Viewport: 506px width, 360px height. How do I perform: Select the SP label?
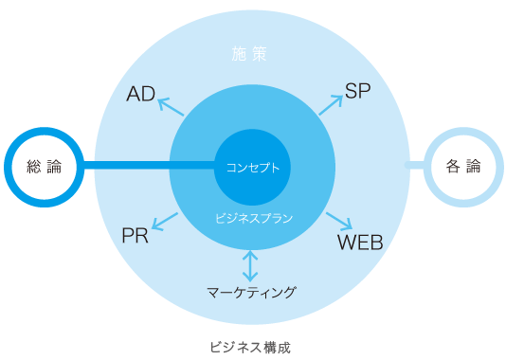coord(357,91)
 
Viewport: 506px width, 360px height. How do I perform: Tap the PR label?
coord(135,236)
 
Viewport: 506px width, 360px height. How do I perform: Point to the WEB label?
coord(360,242)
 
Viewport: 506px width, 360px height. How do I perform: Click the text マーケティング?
coord(251,292)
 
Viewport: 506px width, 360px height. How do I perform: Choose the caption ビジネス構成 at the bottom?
coord(250,347)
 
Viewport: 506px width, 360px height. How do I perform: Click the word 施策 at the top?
coord(250,54)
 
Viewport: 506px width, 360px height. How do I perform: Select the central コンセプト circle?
coord(252,168)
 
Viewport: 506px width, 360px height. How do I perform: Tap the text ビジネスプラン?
coord(251,218)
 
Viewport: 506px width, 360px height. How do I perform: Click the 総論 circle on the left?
coord(45,167)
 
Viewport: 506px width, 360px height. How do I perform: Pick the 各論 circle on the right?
coord(462,167)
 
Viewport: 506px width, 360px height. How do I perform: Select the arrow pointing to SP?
coord(330,104)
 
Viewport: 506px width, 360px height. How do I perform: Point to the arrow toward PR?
coord(165,224)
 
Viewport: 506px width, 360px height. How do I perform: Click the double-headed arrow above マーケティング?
coord(250,264)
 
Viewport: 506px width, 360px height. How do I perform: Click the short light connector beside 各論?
coord(414,166)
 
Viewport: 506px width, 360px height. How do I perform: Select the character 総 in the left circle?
coord(34,167)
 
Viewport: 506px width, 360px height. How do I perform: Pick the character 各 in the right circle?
coord(452,167)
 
